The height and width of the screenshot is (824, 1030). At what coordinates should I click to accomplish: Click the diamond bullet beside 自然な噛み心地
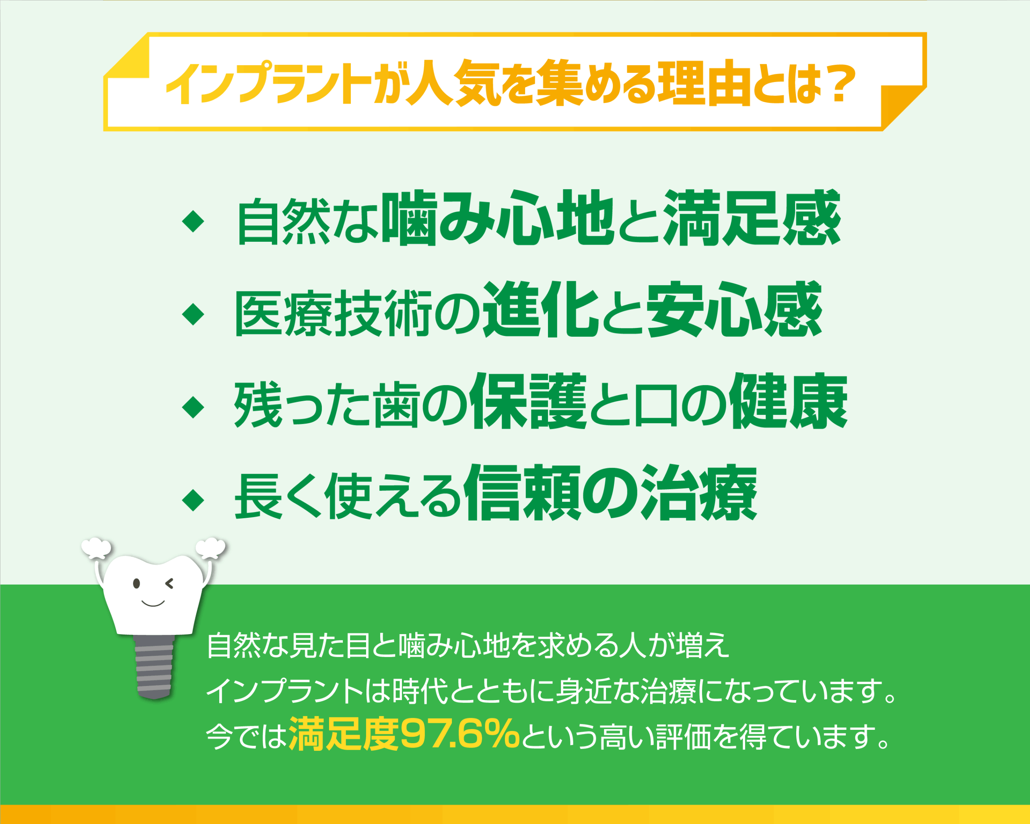point(194,222)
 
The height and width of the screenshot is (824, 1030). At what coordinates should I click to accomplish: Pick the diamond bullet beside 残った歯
point(194,408)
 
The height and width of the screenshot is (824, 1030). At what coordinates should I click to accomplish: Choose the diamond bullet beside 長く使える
point(194,500)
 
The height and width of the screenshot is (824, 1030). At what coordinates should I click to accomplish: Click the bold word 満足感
point(752,219)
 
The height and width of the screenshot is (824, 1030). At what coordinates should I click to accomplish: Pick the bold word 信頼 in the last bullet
point(523,494)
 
